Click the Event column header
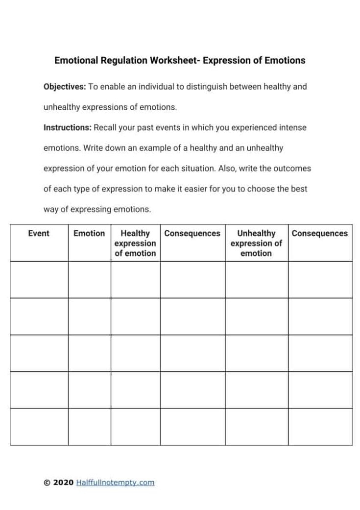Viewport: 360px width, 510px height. (39, 234)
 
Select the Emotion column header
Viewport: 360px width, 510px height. (89, 234)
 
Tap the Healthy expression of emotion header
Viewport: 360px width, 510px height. (135, 243)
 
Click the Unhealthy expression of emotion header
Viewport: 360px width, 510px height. (256, 243)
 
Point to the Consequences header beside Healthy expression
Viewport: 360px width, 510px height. (192, 234)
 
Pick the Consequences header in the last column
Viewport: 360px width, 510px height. (320, 234)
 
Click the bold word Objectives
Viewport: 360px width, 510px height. (65, 87)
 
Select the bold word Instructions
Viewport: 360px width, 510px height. (68, 128)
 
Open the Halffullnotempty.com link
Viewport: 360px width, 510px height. (115, 483)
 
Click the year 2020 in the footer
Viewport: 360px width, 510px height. (63, 483)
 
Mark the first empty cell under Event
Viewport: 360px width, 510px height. (39, 280)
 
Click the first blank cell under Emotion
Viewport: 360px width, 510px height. (89, 280)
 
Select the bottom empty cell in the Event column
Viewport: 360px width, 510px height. (39, 427)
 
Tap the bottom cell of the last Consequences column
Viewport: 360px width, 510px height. (320, 427)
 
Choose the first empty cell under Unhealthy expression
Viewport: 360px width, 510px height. (256, 280)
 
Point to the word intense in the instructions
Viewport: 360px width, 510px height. (293, 128)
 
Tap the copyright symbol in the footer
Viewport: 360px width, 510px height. (47, 483)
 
